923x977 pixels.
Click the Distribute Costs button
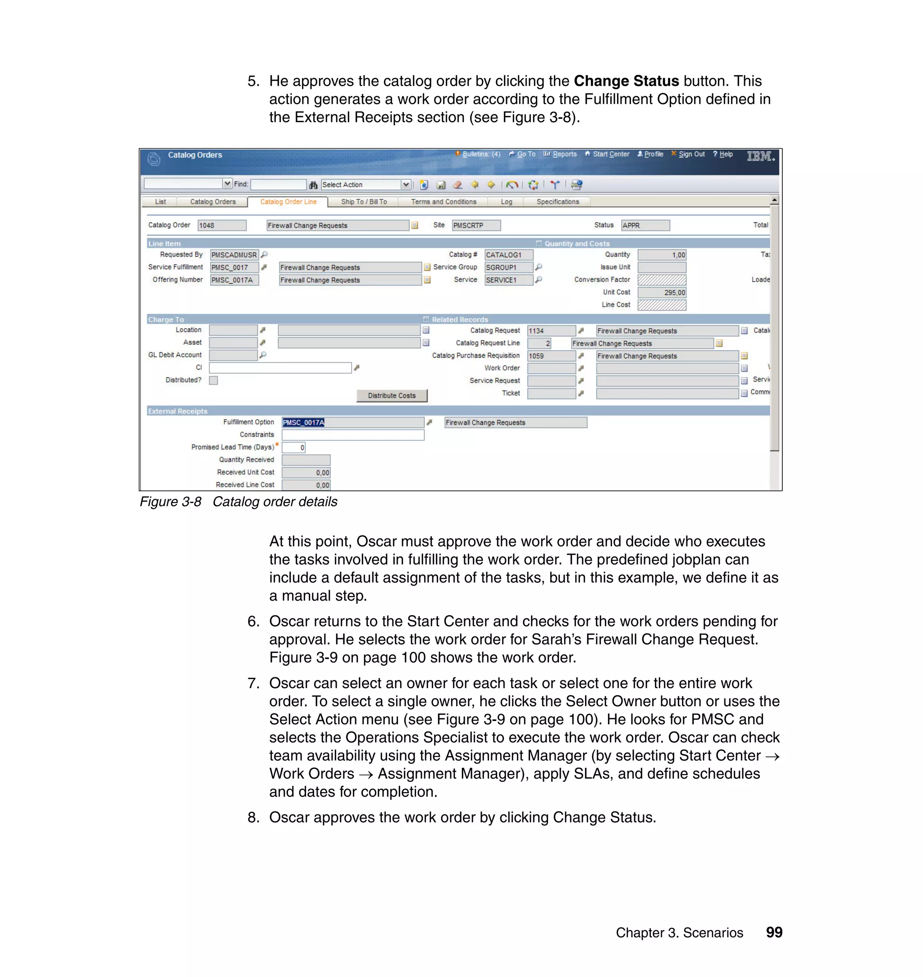(x=392, y=396)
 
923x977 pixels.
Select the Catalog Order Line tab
(x=288, y=202)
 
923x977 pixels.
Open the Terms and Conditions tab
(x=443, y=202)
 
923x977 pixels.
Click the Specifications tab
(x=557, y=202)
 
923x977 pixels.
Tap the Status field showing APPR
(x=644, y=225)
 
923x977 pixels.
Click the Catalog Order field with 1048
(x=221, y=225)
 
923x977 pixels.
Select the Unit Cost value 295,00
(x=661, y=292)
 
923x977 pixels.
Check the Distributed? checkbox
(x=214, y=380)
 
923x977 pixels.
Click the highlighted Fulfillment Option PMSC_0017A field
(x=352, y=423)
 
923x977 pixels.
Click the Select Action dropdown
(x=366, y=184)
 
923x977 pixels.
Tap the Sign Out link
(x=691, y=154)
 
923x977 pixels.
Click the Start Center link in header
(x=611, y=154)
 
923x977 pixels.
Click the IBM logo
(x=760, y=156)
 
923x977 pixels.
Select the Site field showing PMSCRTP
(x=476, y=225)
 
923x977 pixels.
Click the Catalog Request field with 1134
(x=551, y=331)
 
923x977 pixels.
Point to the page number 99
(x=774, y=932)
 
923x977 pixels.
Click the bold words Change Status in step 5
(x=626, y=81)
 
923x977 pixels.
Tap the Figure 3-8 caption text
(x=238, y=502)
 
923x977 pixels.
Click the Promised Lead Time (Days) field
(x=294, y=447)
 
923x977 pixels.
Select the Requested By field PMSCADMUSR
(x=234, y=255)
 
